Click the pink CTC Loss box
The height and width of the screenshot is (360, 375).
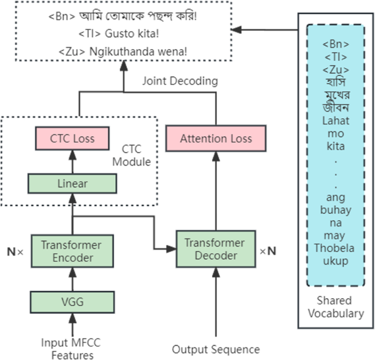[73, 138]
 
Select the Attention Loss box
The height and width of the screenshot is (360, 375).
[216, 139]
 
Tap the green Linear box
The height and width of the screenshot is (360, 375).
[73, 183]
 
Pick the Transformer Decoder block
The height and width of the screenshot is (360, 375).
[215, 249]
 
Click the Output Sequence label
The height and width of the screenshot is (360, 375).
[216, 350]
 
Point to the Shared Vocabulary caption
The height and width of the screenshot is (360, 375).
[336, 307]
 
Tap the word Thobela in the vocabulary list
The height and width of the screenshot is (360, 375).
[336, 250]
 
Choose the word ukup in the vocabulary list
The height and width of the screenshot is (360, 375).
[336, 261]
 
